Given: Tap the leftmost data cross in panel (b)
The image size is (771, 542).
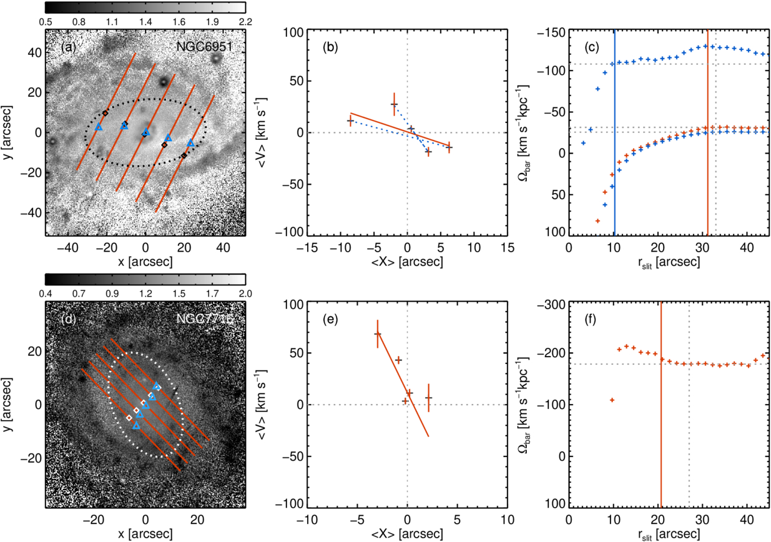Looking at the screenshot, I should (x=350, y=121).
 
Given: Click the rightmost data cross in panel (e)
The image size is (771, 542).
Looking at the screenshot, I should (x=428, y=397).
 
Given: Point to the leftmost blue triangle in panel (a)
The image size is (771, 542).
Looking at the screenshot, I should (x=99, y=127).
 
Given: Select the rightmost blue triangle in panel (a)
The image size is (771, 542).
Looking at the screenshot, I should (x=190, y=144).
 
